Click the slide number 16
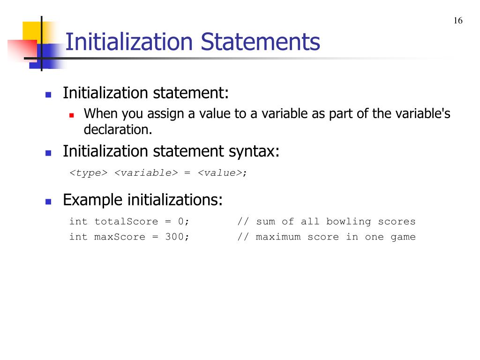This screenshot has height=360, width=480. click(x=458, y=21)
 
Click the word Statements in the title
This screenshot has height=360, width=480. click(x=261, y=42)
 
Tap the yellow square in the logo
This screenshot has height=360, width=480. click(x=32, y=31)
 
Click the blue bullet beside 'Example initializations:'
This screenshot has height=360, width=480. click(x=48, y=202)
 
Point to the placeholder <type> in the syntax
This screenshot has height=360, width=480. click(x=89, y=173)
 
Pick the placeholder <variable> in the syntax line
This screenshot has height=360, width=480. click(x=146, y=173)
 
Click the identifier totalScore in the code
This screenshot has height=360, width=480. click(x=126, y=222)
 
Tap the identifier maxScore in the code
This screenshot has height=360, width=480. click(x=120, y=237)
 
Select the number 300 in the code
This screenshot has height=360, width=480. click(x=174, y=237)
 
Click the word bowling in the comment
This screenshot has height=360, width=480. click(x=348, y=222)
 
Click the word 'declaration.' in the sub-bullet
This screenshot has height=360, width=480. click(x=118, y=129)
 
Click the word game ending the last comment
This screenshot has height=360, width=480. click(x=403, y=237)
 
